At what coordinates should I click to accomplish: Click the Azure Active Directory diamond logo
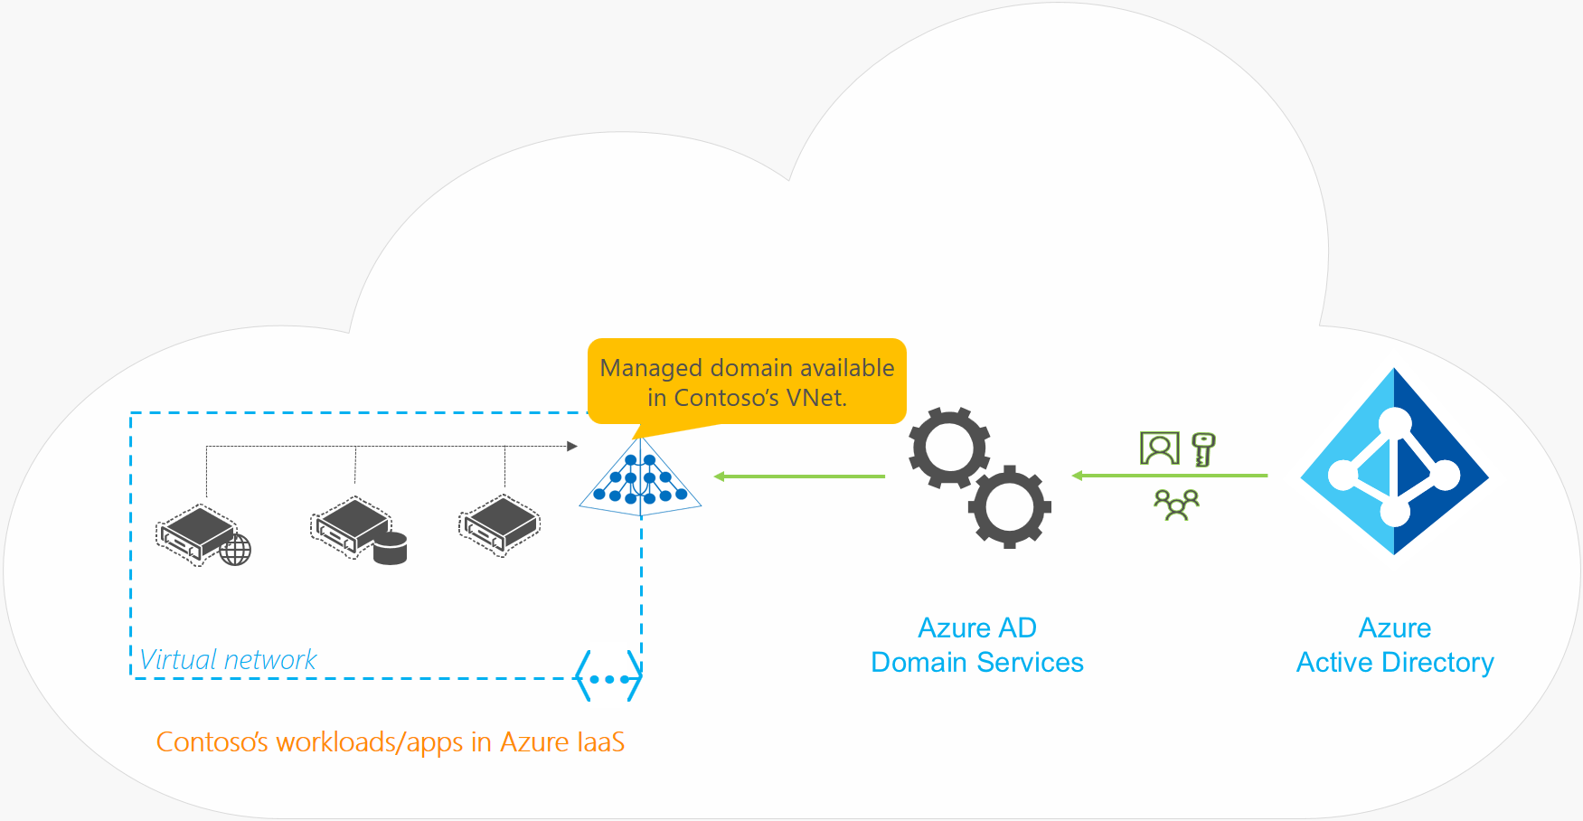[x=1394, y=462]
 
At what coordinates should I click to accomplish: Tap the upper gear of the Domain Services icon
[x=948, y=448]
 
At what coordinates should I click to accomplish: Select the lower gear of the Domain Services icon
[x=1009, y=506]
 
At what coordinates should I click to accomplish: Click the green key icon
[x=1203, y=448]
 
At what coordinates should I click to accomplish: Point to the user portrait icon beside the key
[x=1160, y=448]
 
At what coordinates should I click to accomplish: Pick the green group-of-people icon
[x=1176, y=505]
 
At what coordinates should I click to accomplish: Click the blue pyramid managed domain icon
[x=640, y=479]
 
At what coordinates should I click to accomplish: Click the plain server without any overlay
[x=499, y=525]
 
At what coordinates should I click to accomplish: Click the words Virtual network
[x=228, y=659]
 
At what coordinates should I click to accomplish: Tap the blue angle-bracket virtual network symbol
[x=608, y=677]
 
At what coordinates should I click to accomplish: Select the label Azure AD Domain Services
[x=976, y=645]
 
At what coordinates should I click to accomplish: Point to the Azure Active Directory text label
[x=1394, y=645]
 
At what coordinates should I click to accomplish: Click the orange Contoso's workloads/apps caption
[x=390, y=741]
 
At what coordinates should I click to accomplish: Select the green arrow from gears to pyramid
[x=799, y=477]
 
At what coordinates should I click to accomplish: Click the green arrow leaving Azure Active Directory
[x=1170, y=476]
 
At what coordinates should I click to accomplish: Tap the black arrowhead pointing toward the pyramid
[x=571, y=446]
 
